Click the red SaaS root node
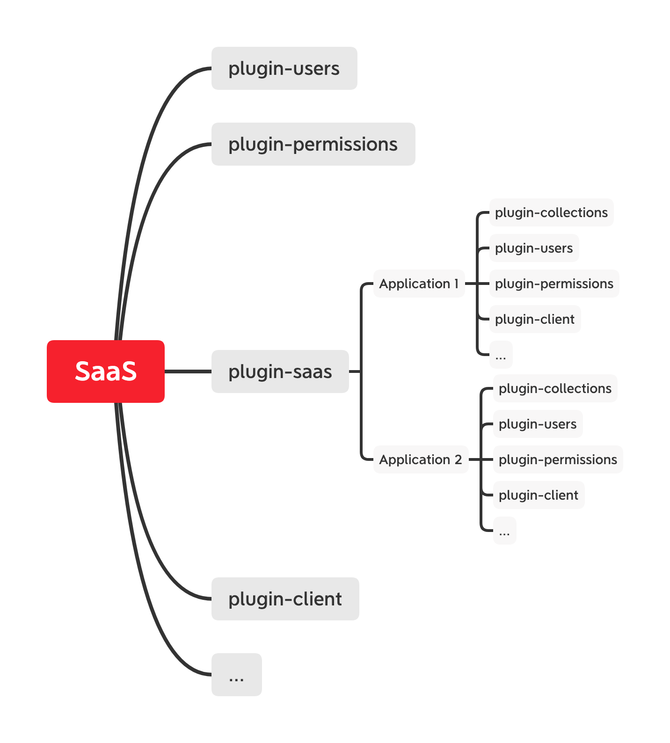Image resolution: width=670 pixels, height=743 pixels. tap(106, 371)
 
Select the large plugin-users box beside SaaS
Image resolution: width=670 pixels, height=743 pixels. tap(284, 68)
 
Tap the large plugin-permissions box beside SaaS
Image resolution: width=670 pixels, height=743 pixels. tap(313, 144)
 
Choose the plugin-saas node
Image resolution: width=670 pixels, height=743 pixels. tap(280, 371)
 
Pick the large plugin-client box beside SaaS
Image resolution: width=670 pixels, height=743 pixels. tap(285, 599)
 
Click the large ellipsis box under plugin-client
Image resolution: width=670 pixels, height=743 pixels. tap(236, 675)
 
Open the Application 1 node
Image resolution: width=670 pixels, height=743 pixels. tap(419, 284)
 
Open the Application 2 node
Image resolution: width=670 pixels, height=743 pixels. tap(421, 459)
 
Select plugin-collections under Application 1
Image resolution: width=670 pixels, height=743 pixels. tap(551, 212)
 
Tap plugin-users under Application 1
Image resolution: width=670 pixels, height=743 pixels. tap(534, 248)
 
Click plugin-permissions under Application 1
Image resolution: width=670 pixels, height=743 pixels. tap(554, 284)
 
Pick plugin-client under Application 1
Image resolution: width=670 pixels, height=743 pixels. tap(535, 319)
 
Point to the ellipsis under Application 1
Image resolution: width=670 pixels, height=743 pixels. tap(501, 355)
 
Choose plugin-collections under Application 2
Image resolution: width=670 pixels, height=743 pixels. tap(555, 388)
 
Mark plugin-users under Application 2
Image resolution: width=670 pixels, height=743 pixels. tap(538, 424)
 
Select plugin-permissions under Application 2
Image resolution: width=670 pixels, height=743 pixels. tap(558, 459)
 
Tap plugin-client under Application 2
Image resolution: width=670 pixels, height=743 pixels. tap(539, 495)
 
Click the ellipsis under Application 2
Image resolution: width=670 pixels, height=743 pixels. tap(504, 531)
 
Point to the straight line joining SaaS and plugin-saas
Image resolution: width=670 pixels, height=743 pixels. tap(188, 371)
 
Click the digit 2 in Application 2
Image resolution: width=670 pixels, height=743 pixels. tap(459, 459)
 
